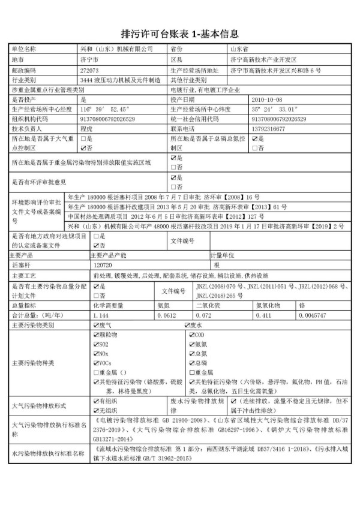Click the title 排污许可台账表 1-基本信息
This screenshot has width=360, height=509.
pyautogui.click(x=180, y=32)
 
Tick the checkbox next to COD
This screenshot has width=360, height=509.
pyautogui.click(x=191, y=335)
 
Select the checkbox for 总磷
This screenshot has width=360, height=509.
pyautogui.click(x=191, y=363)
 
